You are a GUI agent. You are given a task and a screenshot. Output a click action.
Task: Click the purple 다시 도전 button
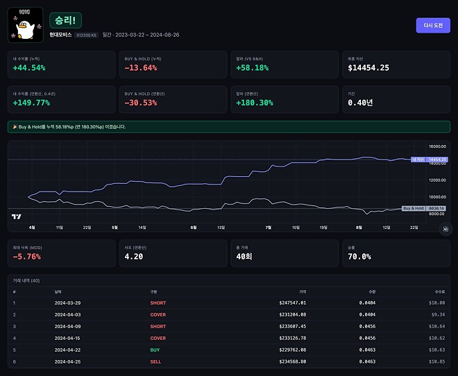[x=432, y=26]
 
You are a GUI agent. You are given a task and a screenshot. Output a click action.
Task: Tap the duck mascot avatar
[x=25, y=25]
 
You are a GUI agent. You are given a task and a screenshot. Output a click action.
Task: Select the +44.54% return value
[x=29, y=68]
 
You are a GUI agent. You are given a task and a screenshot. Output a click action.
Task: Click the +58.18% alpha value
[x=253, y=68]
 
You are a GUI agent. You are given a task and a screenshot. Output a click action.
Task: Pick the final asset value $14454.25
[x=368, y=68]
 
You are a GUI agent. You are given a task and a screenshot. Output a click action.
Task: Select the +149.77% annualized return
[x=31, y=103]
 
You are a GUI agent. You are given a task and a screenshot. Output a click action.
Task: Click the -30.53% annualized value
[x=140, y=103]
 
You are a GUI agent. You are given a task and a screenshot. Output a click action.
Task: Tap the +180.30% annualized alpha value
[x=255, y=103]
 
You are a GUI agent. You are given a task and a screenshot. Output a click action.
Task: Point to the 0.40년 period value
[x=360, y=103]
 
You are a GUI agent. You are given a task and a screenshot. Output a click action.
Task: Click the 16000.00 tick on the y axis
[x=436, y=147]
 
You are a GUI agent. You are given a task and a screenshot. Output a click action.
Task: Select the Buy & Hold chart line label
[x=414, y=208]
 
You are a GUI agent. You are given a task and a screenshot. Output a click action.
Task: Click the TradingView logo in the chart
[x=15, y=216]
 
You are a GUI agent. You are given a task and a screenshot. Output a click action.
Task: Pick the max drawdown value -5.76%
[x=27, y=257]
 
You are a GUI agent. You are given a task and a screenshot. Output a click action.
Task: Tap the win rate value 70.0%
[x=359, y=257]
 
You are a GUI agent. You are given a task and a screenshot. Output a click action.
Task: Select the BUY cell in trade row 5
[x=155, y=350]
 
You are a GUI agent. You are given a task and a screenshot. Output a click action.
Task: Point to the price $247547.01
[x=292, y=302]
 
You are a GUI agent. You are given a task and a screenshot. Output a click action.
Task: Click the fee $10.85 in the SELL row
[x=435, y=361]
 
